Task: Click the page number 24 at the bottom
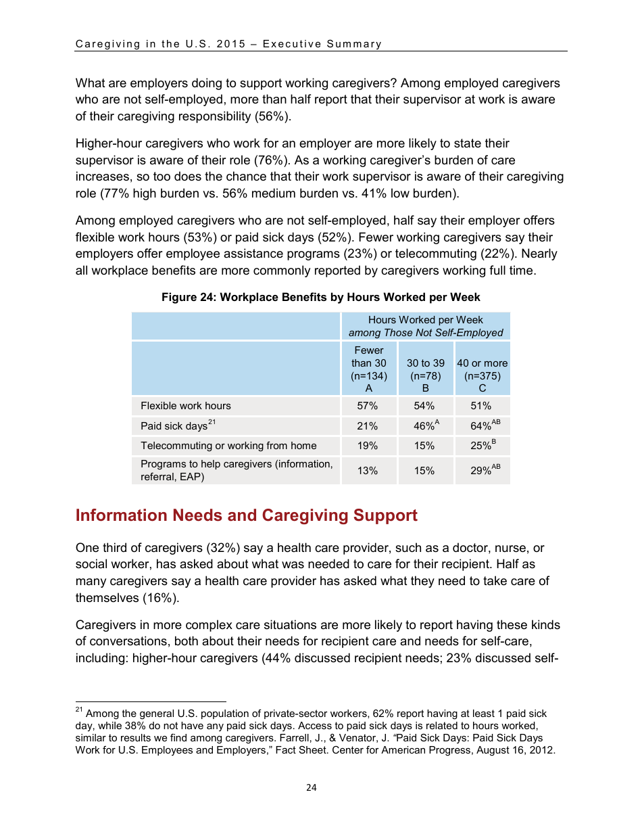coord(311,787)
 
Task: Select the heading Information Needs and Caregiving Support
coord(246,515)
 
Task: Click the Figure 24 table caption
coord(320,298)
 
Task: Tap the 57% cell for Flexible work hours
coord(368,406)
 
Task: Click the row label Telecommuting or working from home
coord(228,446)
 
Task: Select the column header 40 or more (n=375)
coord(483,369)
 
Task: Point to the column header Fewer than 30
coord(368,369)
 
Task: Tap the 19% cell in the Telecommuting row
coord(368,446)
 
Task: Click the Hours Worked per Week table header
coord(426,326)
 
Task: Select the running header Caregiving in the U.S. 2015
coord(228,44)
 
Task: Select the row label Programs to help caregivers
coord(236,470)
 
